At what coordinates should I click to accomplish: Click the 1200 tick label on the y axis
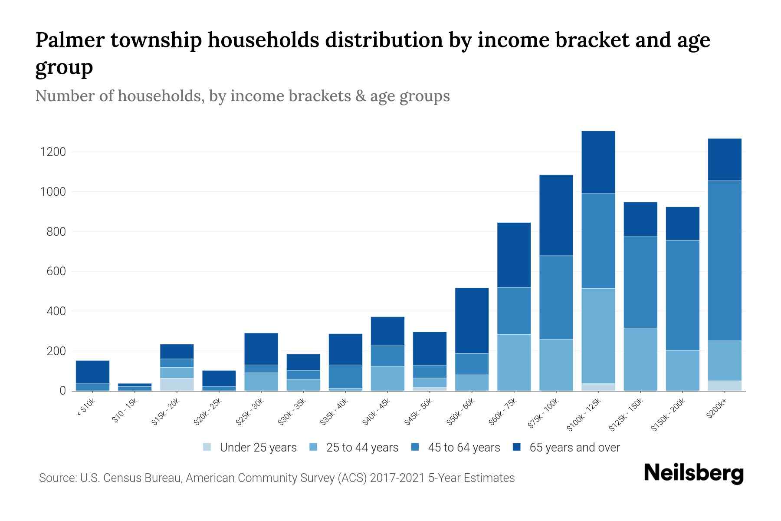53,152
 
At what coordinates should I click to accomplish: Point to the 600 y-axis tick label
56,271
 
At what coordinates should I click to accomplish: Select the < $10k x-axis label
86,408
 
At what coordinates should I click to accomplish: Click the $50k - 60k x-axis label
461,412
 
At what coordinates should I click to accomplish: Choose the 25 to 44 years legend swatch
314,447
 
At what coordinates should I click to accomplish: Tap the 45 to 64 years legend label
464,448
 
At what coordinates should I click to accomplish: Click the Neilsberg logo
693,473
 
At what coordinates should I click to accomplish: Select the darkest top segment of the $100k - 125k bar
598,162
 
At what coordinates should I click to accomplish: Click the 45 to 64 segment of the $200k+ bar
725,260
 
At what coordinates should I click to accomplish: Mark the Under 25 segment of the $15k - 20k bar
177,384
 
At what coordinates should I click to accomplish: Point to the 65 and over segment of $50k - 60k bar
472,320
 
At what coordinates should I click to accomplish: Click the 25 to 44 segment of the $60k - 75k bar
514,363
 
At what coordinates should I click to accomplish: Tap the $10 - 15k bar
135,387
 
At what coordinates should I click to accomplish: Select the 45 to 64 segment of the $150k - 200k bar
683,295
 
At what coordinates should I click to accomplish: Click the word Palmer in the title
70,40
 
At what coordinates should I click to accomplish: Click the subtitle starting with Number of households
243,96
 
